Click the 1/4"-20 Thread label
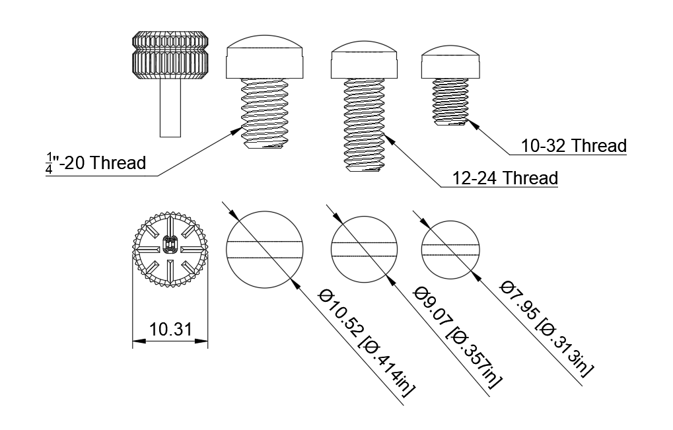(x=96, y=163)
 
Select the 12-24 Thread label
(x=505, y=178)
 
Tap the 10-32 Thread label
(x=574, y=146)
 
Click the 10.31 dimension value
(x=170, y=330)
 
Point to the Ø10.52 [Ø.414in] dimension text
(x=366, y=343)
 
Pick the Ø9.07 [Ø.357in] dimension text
(x=457, y=337)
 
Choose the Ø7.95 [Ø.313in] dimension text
(x=547, y=329)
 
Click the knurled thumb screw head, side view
(x=170, y=55)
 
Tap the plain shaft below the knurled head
(x=170, y=108)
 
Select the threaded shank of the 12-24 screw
(x=365, y=125)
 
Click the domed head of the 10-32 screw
(x=450, y=62)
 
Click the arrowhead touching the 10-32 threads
(x=472, y=124)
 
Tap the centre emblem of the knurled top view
(x=170, y=246)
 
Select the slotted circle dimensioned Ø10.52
(x=265, y=250)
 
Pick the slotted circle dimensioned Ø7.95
(x=450, y=250)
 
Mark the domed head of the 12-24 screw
(x=365, y=60)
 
